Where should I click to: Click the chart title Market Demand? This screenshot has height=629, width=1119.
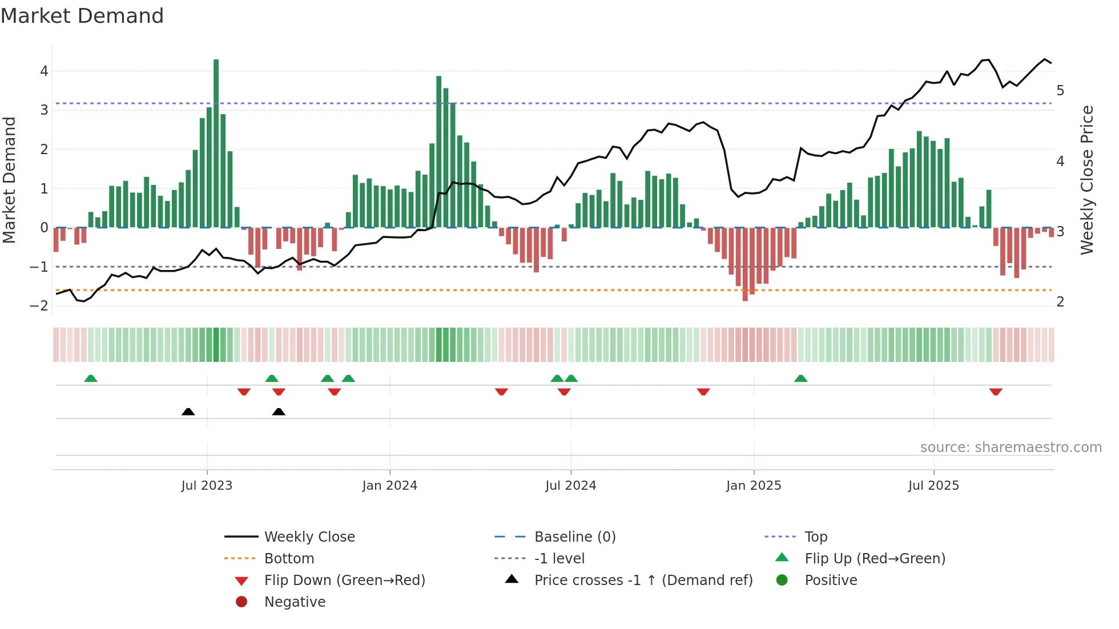click(x=82, y=16)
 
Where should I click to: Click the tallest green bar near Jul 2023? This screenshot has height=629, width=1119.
click(x=216, y=143)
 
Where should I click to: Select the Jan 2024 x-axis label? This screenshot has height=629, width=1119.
click(x=389, y=486)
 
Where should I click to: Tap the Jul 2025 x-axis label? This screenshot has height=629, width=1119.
click(x=933, y=486)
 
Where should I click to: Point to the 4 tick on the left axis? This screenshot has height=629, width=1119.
click(x=44, y=71)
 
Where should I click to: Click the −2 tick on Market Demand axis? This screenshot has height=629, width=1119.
click(x=39, y=305)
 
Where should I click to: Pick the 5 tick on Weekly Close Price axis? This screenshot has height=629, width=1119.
click(x=1060, y=91)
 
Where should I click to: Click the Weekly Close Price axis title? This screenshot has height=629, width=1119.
click(x=1087, y=180)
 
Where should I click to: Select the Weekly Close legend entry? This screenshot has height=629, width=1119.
click(x=309, y=537)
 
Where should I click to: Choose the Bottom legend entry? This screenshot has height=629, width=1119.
click(x=289, y=559)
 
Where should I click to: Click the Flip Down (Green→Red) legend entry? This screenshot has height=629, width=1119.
click(x=344, y=580)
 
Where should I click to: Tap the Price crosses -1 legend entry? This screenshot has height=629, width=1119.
click(x=643, y=580)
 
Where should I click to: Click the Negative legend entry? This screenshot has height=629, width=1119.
click(x=295, y=602)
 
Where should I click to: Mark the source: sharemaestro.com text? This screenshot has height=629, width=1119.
click(x=1011, y=447)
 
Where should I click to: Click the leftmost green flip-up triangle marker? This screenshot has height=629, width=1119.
click(x=91, y=378)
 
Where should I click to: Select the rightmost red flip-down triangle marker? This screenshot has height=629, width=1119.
click(x=996, y=392)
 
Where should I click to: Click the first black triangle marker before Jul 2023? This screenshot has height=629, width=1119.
click(x=188, y=412)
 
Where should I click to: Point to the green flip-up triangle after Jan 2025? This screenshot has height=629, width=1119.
click(x=800, y=378)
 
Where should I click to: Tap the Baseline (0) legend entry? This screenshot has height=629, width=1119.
click(x=574, y=537)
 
